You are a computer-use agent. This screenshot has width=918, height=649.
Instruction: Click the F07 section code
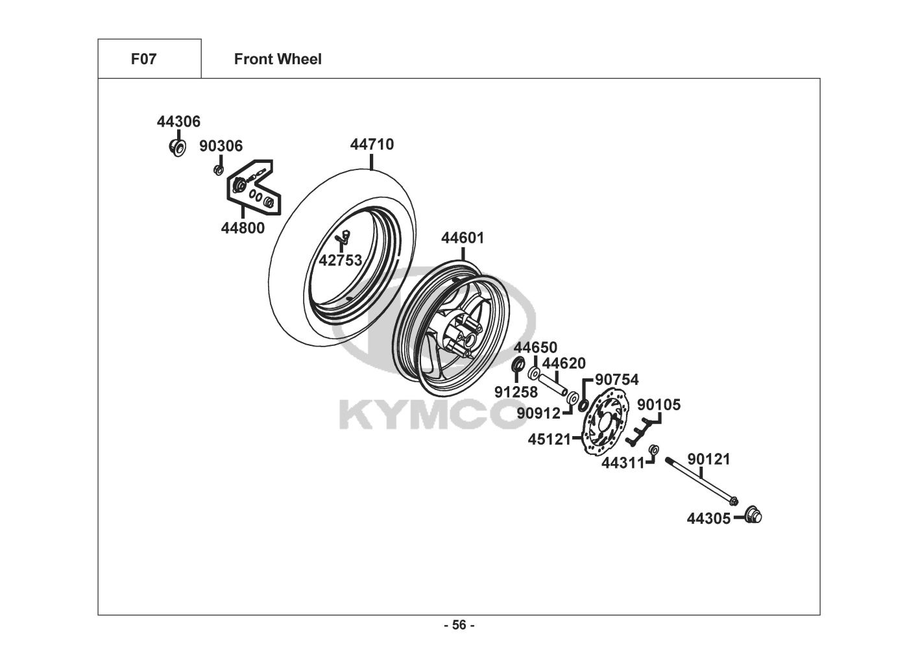143,59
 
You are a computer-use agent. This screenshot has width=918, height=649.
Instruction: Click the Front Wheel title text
278,59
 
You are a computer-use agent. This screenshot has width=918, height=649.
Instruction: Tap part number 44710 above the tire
372,144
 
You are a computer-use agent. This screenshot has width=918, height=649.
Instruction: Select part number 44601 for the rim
463,238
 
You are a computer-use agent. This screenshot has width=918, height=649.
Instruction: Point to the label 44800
243,228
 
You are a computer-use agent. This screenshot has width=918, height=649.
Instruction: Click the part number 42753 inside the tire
341,260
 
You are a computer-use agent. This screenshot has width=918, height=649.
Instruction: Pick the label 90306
221,146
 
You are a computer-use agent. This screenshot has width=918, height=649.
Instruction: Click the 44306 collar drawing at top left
178,147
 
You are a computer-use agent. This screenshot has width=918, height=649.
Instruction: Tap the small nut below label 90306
219,169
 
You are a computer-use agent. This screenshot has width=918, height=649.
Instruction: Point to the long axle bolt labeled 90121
701,482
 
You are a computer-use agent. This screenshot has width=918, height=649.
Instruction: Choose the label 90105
658,405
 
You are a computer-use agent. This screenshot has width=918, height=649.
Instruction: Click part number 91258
516,393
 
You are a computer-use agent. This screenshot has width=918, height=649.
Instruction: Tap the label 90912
538,413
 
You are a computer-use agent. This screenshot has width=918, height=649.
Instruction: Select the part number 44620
564,363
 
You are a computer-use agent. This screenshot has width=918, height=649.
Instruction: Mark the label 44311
623,463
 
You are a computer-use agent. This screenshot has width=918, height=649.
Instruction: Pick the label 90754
617,380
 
